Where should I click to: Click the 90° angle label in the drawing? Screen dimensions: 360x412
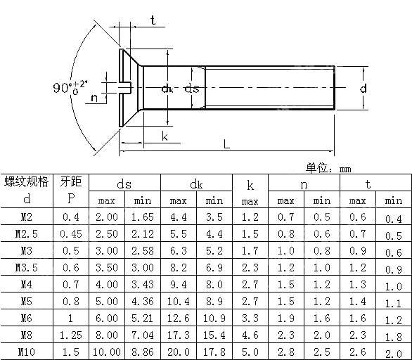tap(68, 88)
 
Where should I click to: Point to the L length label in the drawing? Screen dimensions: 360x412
tap(226, 143)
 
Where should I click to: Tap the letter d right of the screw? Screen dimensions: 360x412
tap(363, 89)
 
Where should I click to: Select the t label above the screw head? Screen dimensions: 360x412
tap(153, 20)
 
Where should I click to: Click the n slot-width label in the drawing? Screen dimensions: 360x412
tap(94, 98)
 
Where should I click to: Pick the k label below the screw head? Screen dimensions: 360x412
tap(164, 136)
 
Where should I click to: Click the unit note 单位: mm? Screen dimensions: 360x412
tap(328, 168)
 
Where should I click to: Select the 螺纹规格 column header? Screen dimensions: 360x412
tap(27, 183)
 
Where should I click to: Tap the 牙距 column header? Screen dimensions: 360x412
tap(71, 183)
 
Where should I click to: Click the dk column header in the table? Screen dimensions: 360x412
tap(196, 184)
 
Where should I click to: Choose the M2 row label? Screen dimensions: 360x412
tap(27, 218)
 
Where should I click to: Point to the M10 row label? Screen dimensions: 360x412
tap(27, 351)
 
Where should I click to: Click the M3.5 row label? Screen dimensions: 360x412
tap(27, 268)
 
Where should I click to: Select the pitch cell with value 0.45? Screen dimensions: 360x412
tap(71, 234)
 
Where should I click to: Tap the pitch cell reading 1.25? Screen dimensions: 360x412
tap(71, 334)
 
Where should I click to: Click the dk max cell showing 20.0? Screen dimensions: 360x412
tap(179, 351)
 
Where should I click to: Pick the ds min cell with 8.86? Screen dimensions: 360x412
tap(143, 351)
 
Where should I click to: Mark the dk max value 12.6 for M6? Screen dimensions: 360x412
tap(179, 318)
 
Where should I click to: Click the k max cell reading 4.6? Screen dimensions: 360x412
tap(250, 334)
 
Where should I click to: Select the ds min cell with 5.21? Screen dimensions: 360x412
tap(143, 318)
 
